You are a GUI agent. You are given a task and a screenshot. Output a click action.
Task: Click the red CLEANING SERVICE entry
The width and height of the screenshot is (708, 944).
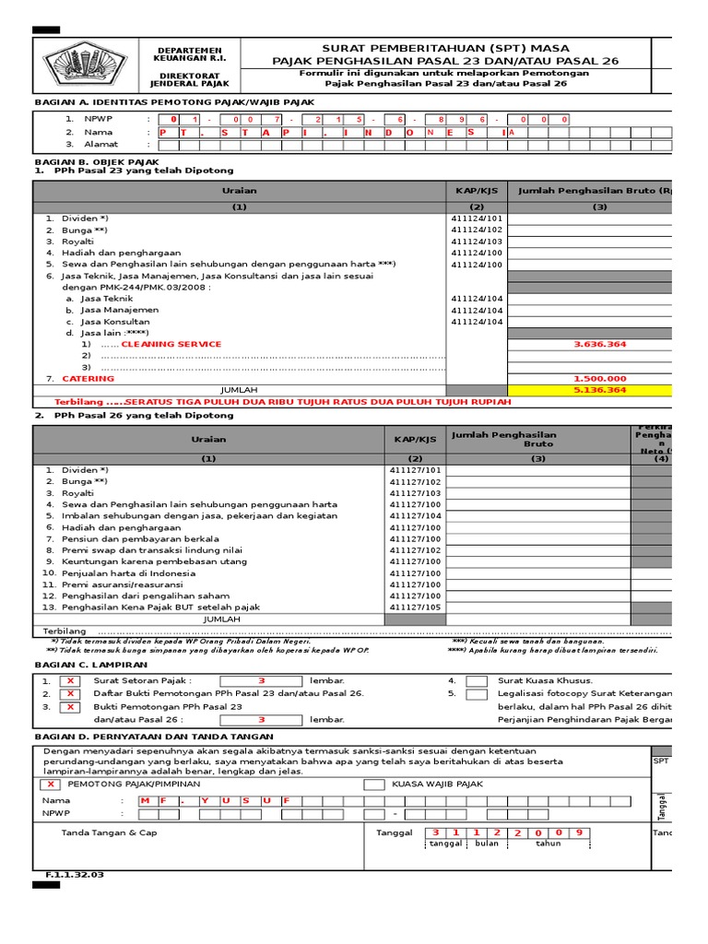click(x=171, y=344)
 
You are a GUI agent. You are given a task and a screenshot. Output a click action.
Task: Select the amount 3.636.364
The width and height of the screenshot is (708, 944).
click(x=599, y=344)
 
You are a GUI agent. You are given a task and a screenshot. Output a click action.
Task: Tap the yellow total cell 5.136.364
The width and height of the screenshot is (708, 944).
click(x=599, y=390)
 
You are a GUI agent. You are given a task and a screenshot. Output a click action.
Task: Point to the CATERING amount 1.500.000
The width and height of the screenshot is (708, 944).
click(x=599, y=379)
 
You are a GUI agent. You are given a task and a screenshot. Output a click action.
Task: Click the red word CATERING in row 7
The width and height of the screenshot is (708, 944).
click(x=88, y=379)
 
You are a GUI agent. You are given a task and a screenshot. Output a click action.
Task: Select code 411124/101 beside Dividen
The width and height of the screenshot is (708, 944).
click(x=477, y=218)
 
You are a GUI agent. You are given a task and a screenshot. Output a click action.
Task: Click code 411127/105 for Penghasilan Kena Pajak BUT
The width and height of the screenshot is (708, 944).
click(x=415, y=608)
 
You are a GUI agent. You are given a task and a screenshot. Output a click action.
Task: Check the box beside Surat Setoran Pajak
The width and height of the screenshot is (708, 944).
click(x=69, y=681)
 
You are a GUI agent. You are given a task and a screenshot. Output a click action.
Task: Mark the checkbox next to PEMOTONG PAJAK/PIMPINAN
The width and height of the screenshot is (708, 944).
click(x=52, y=785)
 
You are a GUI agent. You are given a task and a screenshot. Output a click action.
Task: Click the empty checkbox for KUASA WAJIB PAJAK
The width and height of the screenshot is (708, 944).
click(x=374, y=785)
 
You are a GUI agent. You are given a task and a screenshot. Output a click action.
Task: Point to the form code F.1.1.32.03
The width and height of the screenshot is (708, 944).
click(x=75, y=874)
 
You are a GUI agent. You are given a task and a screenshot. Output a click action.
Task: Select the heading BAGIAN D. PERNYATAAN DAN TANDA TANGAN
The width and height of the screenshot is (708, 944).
click(x=153, y=737)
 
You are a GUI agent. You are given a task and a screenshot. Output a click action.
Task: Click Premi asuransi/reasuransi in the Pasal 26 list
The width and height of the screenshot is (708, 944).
click(x=122, y=585)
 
